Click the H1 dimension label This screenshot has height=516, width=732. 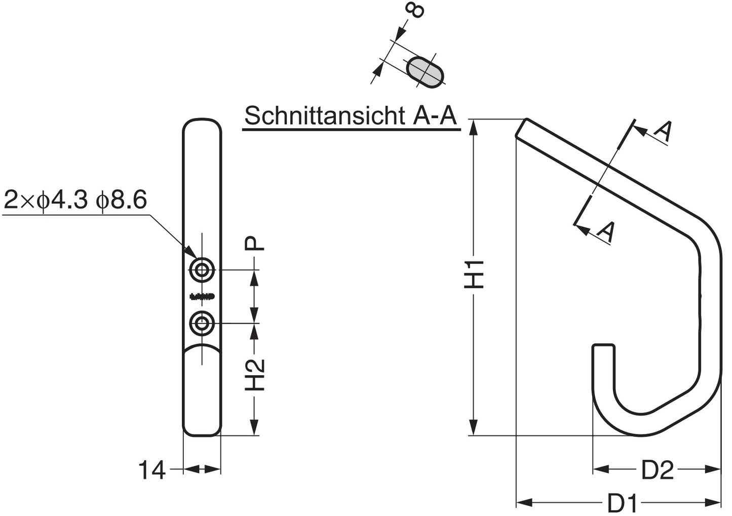pyautogui.click(x=475, y=275)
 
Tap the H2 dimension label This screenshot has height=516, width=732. pyautogui.click(x=256, y=375)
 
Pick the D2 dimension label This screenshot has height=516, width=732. pyautogui.click(x=657, y=470)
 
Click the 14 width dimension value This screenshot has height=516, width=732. pyautogui.click(x=152, y=470)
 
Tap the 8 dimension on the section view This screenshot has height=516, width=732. pyautogui.click(x=415, y=10)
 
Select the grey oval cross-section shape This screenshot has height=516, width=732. pyautogui.click(x=427, y=71)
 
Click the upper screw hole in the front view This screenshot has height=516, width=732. pyautogui.click(x=202, y=270)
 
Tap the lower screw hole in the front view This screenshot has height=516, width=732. pyautogui.click(x=202, y=323)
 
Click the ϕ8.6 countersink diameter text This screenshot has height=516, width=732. pyautogui.click(x=122, y=200)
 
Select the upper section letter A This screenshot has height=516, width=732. pyautogui.click(x=663, y=131)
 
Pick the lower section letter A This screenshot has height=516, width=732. pyautogui.click(x=606, y=231)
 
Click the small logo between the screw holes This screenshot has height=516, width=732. pyautogui.click(x=202, y=296)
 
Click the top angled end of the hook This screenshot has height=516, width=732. pyautogui.click(x=522, y=128)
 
